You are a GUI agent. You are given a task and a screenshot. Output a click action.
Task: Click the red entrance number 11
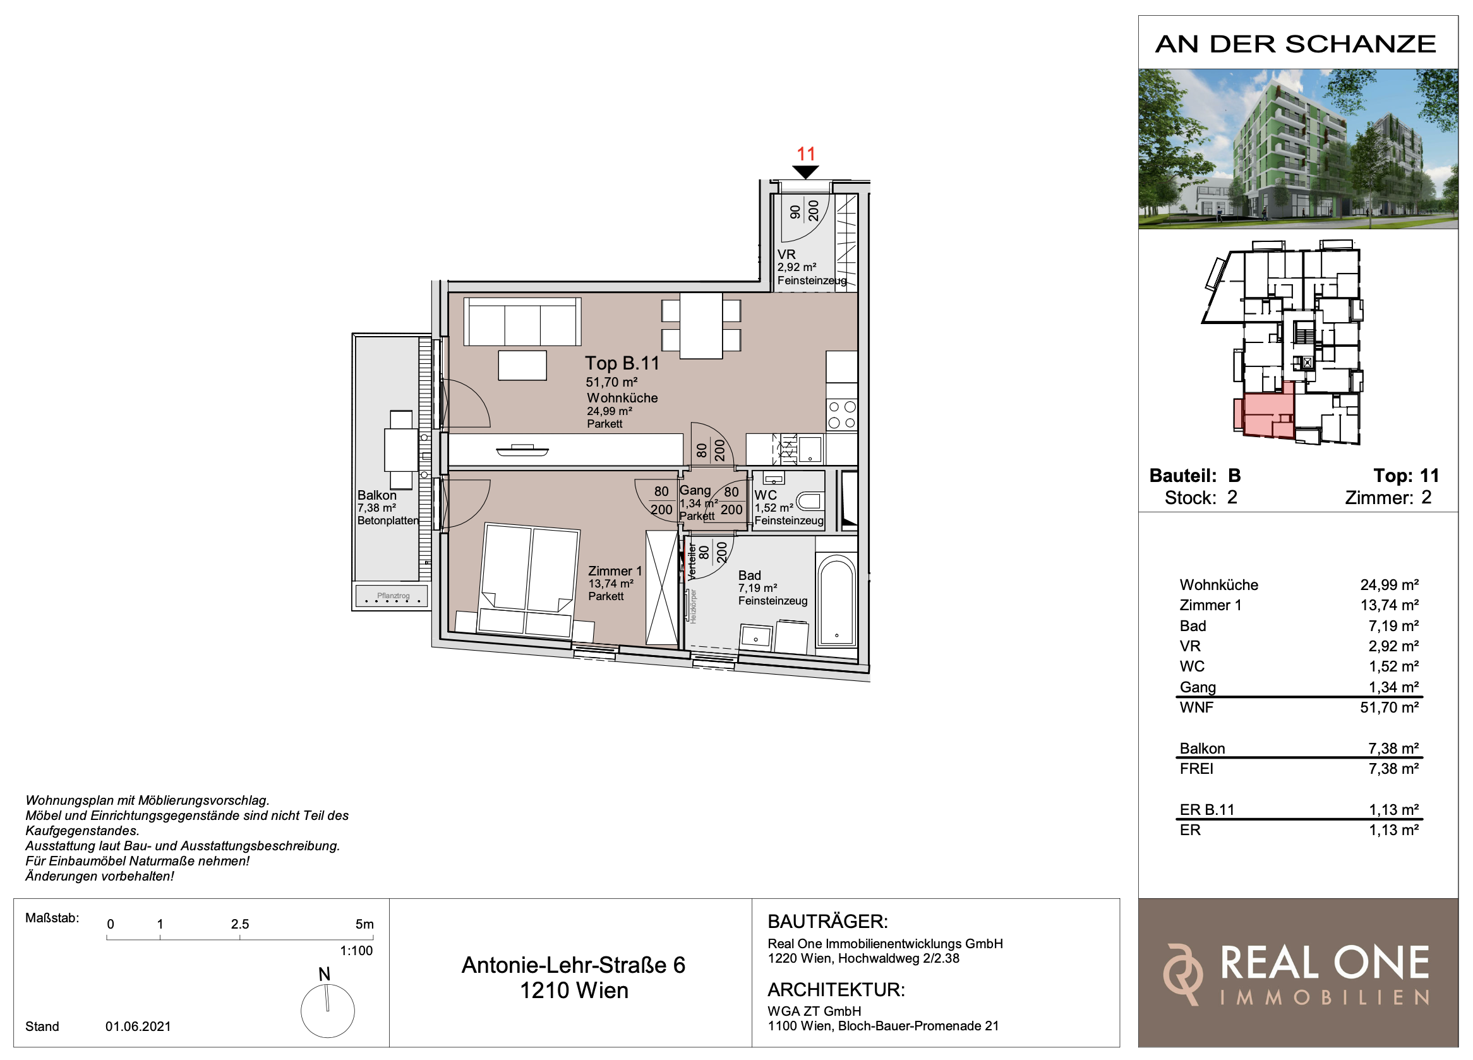tap(806, 154)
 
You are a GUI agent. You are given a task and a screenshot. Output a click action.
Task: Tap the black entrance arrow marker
tap(806, 172)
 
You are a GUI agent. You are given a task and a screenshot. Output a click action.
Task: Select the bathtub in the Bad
tap(836, 600)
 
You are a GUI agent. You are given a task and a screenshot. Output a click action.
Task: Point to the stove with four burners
tap(842, 414)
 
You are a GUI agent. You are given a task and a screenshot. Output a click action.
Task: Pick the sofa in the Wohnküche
tap(522, 322)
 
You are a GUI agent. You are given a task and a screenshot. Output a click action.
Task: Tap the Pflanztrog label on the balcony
tap(393, 596)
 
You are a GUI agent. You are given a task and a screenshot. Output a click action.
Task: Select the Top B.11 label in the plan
tap(622, 363)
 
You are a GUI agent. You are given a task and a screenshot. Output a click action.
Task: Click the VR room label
tap(786, 255)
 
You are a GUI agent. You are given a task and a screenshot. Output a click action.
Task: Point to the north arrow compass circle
tap(327, 1011)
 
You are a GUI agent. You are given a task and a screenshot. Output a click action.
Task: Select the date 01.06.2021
tap(138, 1027)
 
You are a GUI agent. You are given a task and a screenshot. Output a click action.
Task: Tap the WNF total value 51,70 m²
tap(1389, 708)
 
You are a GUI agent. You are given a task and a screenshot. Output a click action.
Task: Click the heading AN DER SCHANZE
tap(1296, 44)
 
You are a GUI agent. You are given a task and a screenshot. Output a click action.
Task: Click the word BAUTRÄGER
tap(827, 922)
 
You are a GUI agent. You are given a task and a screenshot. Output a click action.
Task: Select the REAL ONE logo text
tap(1325, 963)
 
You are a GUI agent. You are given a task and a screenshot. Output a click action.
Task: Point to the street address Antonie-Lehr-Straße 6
tap(574, 965)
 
